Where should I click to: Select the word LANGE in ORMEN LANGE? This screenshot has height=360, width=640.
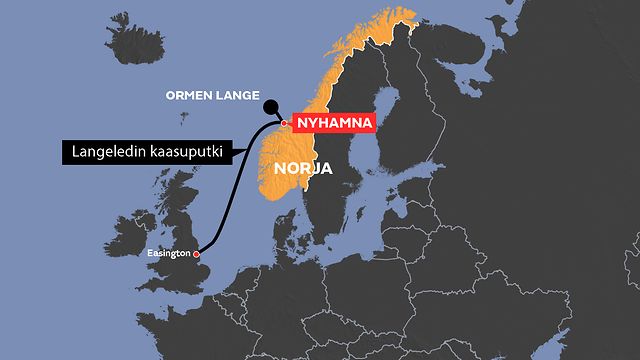(236, 96)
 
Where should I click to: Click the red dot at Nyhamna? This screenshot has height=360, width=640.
(284, 124)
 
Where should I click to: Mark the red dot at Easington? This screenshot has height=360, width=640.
(197, 255)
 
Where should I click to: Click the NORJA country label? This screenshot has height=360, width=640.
(302, 167)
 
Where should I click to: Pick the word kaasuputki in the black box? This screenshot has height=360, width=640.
(184, 153)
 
